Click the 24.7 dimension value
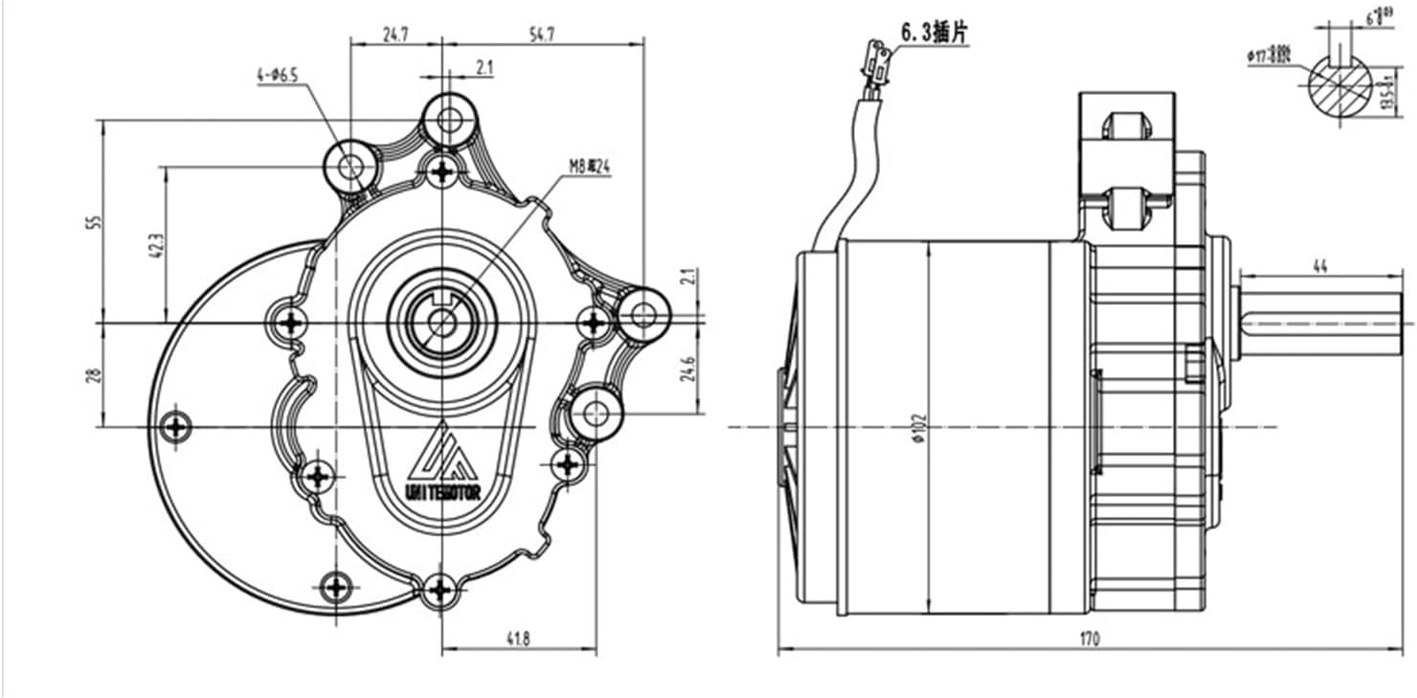point(396,34)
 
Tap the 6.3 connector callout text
point(933,33)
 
